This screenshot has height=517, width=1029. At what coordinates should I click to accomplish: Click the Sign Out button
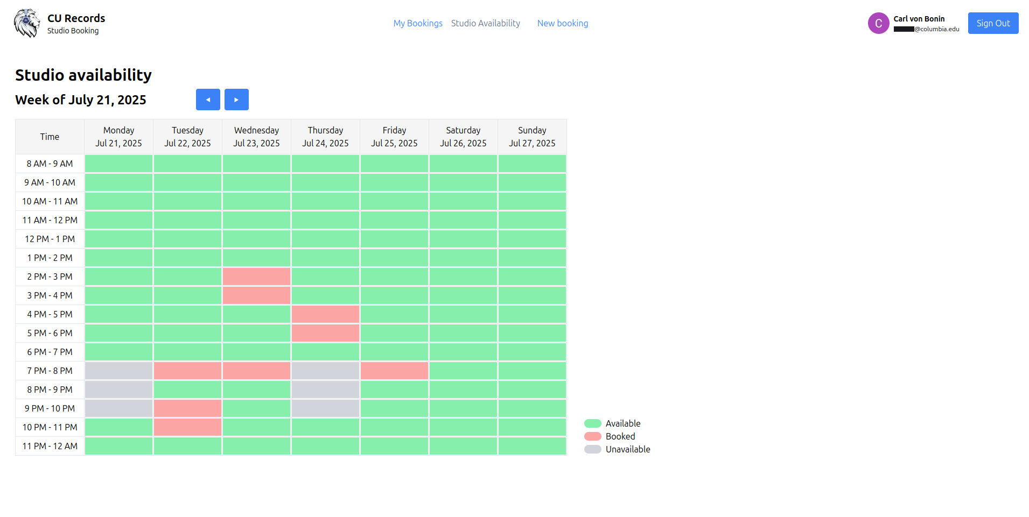(x=992, y=23)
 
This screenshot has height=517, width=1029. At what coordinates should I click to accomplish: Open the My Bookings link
(x=417, y=23)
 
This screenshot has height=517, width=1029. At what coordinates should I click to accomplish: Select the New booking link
(x=562, y=23)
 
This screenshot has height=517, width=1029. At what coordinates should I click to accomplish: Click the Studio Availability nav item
(x=485, y=23)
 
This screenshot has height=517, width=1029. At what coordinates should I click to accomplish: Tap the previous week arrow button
(x=208, y=100)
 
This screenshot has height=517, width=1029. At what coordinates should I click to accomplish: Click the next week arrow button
(x=236, y=100)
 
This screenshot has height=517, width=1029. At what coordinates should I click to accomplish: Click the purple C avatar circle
(x=878, y=23)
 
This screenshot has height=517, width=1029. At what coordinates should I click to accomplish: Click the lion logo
(x=26, y=23)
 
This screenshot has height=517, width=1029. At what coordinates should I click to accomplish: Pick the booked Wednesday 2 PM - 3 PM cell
(x=256, y=277)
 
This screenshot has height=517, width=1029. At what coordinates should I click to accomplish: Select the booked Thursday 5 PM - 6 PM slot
(x=325, y=333)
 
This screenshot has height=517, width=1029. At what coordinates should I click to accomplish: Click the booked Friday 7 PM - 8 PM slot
(x=394, y=371)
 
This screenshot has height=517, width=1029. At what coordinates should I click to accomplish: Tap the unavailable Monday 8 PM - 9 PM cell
(x=118, y=389)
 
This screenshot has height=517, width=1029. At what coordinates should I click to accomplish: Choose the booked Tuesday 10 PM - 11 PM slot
(x=187, y=427)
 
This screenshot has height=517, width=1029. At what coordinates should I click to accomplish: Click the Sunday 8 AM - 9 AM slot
(x=532, y=164)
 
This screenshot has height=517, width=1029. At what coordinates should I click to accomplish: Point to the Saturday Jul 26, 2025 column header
(x=463, y=137)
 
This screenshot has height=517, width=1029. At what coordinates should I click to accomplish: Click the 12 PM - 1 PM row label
(x=50, y=239)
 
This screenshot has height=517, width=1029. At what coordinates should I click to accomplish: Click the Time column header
(x=50, y=137)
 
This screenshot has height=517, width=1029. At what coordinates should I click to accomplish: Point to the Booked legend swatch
(x=592, y=436)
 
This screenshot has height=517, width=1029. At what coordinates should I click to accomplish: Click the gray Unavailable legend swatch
(x=592, y=449)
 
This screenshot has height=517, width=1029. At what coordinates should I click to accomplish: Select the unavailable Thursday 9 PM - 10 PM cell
(x=325, y=408)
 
